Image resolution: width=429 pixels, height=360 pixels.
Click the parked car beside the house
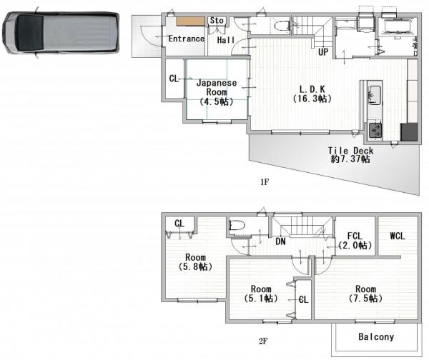[61, 33]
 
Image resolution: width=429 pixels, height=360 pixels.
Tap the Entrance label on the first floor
[187, 39]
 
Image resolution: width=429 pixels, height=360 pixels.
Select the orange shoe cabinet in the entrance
[190, 21]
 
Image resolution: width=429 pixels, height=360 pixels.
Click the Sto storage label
[217, 21]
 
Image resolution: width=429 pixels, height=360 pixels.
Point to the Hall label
[226, 40]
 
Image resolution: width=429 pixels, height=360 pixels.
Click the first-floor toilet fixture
[282, 26]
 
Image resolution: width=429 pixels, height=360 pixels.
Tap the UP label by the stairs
[323, 52]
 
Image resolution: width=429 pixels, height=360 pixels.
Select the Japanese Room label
[217, 87]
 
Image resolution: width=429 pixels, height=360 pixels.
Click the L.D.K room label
[312, 89]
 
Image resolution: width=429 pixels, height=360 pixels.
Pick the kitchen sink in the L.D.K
[374, 95]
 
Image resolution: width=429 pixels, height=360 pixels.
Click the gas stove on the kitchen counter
[375, 131]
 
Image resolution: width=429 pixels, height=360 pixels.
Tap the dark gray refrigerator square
[409, 132]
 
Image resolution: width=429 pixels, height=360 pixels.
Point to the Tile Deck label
[350, 151]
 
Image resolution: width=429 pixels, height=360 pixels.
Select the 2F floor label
[263, 341]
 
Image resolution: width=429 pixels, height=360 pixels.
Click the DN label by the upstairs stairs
[280, 241]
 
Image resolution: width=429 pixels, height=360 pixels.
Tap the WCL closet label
[398, 236]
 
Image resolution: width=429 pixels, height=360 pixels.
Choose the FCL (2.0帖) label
[355, 241]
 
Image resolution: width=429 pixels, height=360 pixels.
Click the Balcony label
[376, 337]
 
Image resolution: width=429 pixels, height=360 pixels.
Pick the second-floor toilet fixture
[237, 226]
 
